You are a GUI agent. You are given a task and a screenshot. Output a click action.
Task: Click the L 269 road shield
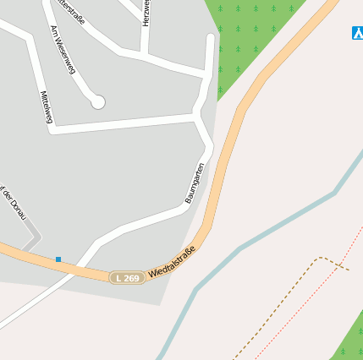click(x=127, y=277)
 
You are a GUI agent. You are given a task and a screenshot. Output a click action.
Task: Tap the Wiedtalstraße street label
click(x=172, y=261)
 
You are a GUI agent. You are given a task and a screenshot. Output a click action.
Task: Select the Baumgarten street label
click(x=195, y=183)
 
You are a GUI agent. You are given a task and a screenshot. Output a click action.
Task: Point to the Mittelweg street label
click(x=46, y=107)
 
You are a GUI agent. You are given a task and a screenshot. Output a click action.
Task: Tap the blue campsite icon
click(x=357, y=33)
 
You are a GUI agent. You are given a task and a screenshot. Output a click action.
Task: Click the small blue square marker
click(x=58, y=259)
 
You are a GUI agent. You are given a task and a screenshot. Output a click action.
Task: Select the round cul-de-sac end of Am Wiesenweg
click(x=97, y=101)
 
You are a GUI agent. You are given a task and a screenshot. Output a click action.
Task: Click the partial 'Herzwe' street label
click(x=146, y=13)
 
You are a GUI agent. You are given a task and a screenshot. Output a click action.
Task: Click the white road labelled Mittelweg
click(x=118, y=125)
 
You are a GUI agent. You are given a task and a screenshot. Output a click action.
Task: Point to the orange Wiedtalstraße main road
click(x=222, y=169)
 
